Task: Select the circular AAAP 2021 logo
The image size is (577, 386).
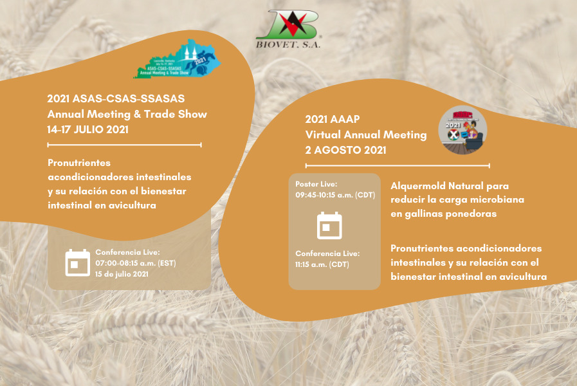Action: [463, 129]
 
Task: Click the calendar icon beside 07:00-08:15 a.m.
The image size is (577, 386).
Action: [78, 262]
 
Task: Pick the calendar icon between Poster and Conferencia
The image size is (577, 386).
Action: [329, 225]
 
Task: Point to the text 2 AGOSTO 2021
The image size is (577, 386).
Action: [345, 150]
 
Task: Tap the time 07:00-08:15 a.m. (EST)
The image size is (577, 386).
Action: [136, 263]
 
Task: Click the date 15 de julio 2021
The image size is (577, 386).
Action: [122, 274]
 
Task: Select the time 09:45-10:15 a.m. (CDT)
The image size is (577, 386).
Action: [335, 194]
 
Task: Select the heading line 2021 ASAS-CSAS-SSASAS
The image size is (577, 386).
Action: [116, 99]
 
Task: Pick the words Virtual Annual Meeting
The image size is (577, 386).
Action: [366, 134]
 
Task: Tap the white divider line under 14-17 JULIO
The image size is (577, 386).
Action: [125, 145]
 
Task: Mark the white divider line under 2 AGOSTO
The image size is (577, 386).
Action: [398, 165]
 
